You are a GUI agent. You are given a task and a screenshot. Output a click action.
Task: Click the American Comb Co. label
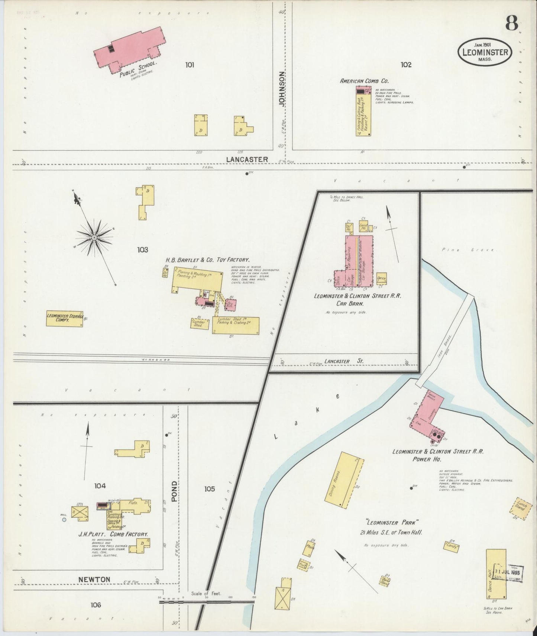[x=359, y=81]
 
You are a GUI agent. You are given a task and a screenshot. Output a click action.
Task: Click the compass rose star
[x=94, y=237]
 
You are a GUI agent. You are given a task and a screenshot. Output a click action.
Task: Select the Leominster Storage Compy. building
[x=64, y=318]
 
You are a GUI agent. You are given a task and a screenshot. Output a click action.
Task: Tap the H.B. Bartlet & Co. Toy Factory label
[x=207, y=260]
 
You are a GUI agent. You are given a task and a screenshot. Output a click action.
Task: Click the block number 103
[x=142, y=250]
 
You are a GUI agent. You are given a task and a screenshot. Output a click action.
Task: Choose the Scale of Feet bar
[x=207, y=602]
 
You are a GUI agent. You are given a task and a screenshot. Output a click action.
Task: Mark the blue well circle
[x=64, y=520]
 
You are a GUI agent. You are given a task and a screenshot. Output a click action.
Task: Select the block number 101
[x=190, y=65]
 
